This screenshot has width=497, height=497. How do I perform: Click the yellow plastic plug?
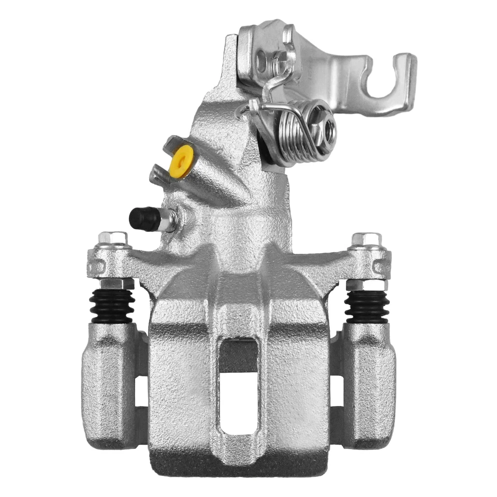(x=181, y=162)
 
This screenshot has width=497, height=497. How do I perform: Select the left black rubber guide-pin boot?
(x=111, y=305)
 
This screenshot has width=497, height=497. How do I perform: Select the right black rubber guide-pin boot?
(x=367, y=305)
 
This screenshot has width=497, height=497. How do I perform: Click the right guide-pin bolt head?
(x=366, y=239)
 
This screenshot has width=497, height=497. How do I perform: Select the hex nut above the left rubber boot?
(x=114, y=284)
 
